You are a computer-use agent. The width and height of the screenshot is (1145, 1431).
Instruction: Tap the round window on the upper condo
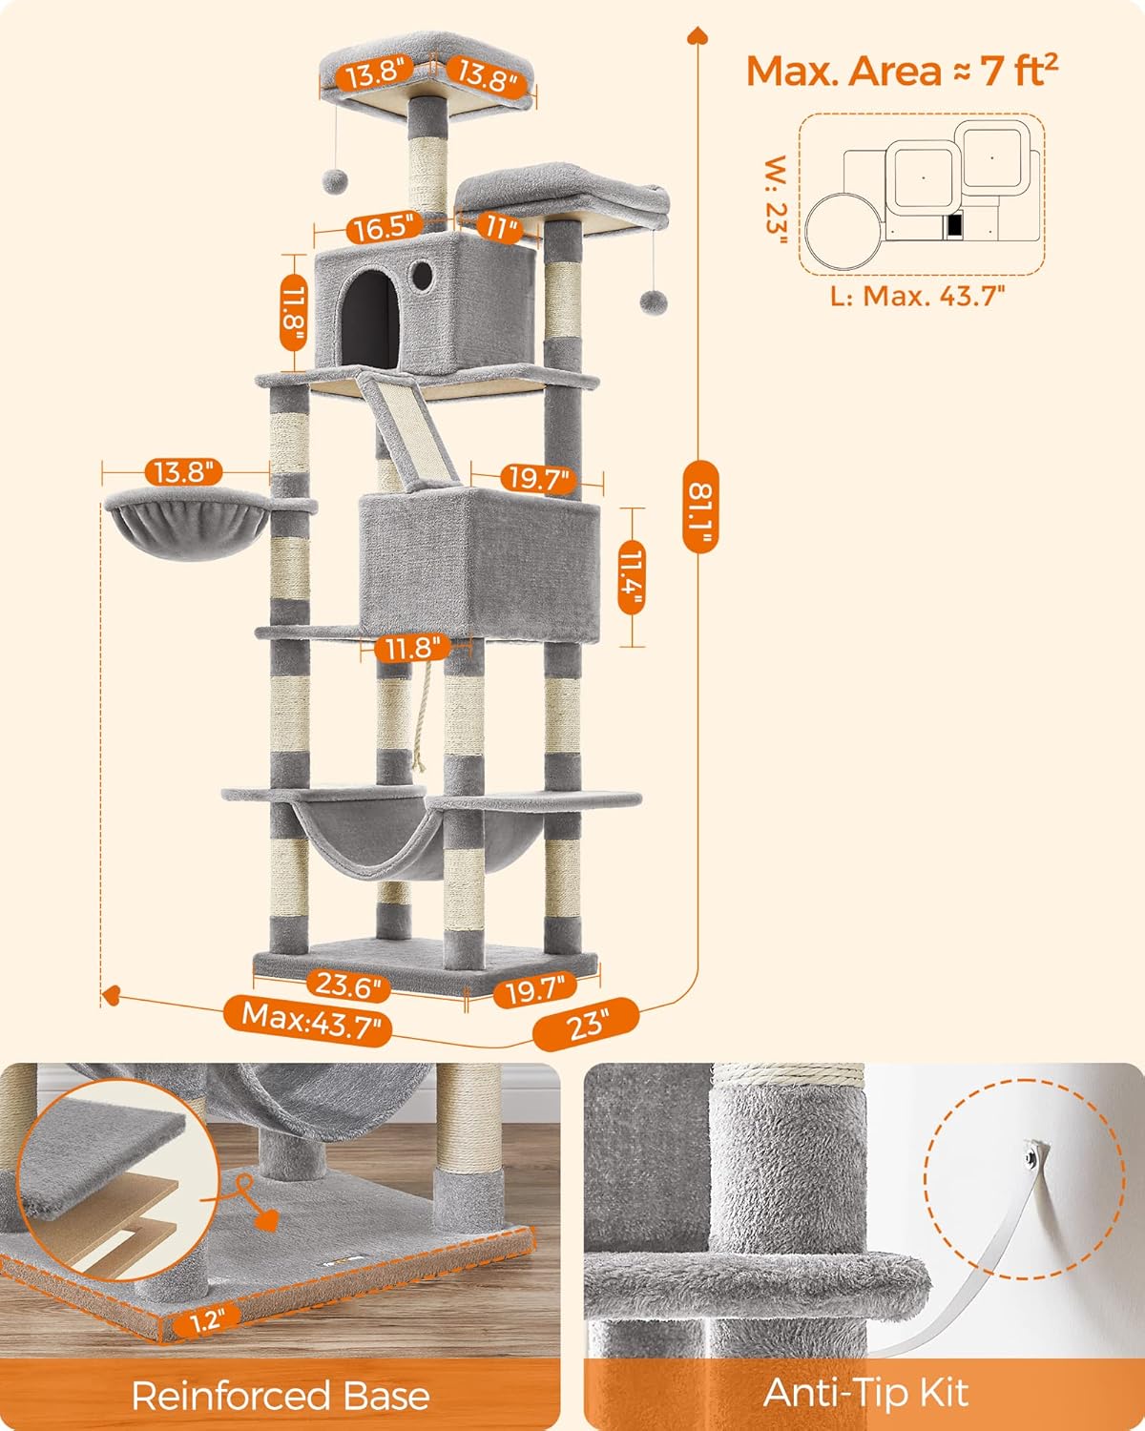(422, 276)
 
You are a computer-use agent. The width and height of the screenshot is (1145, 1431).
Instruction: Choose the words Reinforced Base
(281, 1396)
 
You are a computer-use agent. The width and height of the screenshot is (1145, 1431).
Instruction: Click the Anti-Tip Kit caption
(865, 1393)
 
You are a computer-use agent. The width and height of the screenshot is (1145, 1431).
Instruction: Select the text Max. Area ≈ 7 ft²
(902, 72)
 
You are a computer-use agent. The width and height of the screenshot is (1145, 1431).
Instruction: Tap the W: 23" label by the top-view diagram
(777, 199)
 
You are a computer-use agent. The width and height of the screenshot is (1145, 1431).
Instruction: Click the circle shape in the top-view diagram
(843, 229)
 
